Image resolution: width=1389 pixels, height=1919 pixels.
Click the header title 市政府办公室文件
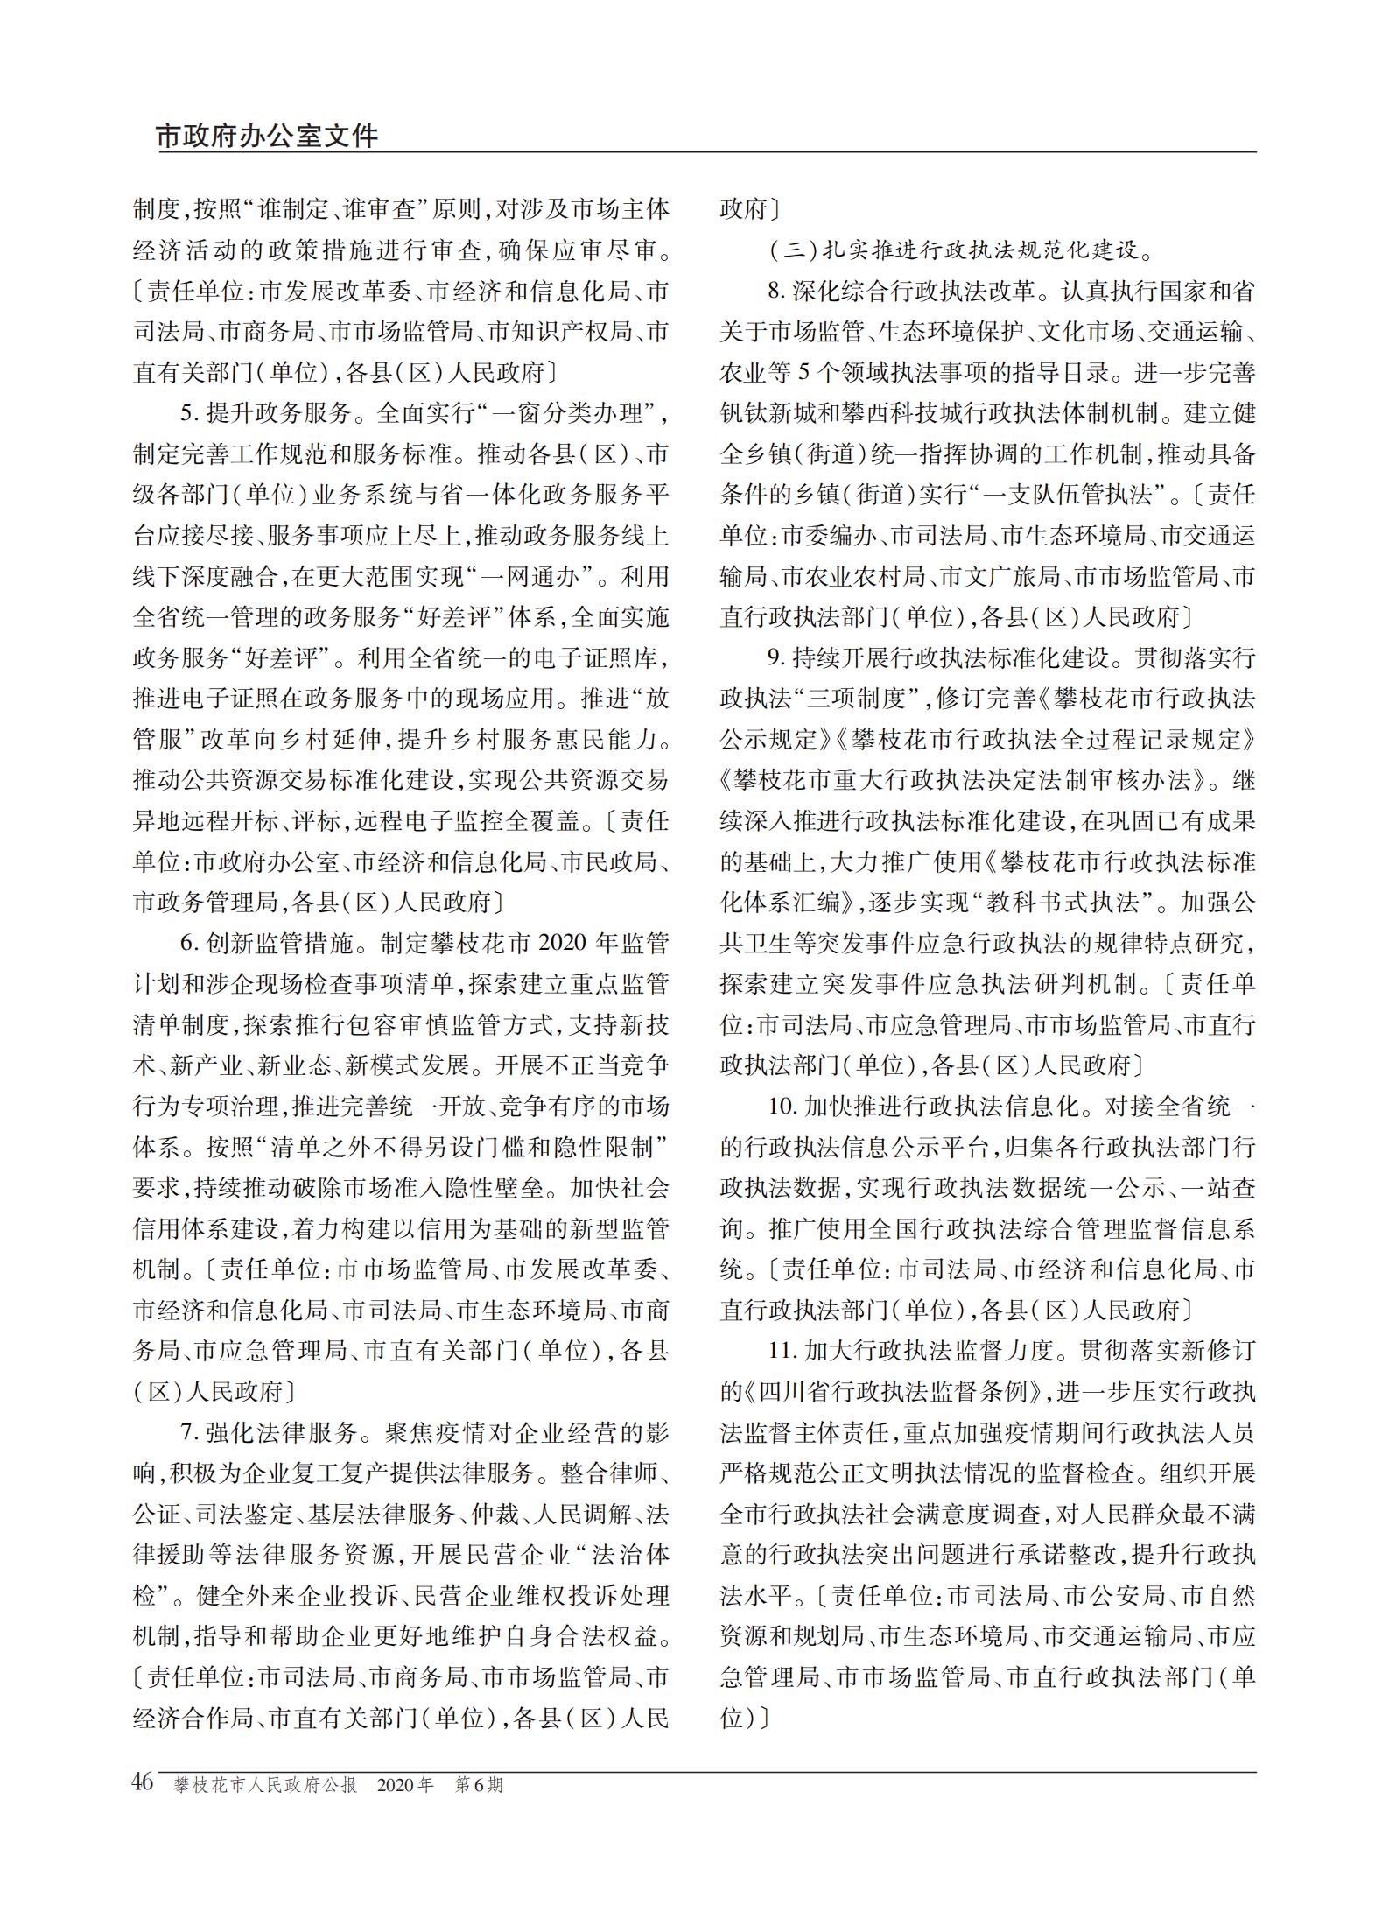pos(268,137)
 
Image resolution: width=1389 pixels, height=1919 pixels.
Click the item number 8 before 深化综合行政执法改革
pos(774,291)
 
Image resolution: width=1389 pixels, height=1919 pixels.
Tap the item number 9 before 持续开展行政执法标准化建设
pos(774,658)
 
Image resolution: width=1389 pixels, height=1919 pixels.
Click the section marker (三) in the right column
pos(792,250)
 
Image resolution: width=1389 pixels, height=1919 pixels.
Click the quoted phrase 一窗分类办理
pos(574,413)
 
